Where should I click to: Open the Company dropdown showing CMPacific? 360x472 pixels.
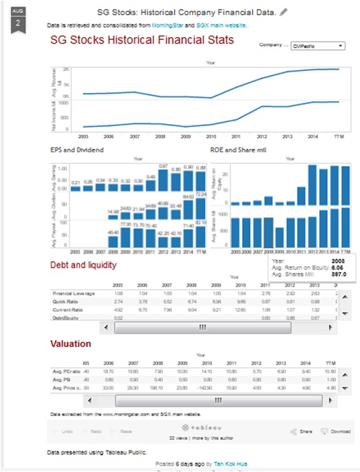(x=318, y=46)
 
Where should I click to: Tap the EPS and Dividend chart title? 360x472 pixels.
(x=78, y=149)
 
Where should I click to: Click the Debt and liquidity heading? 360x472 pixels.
(x=83, y=265)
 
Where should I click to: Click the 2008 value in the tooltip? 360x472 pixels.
(x=338, y=262)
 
